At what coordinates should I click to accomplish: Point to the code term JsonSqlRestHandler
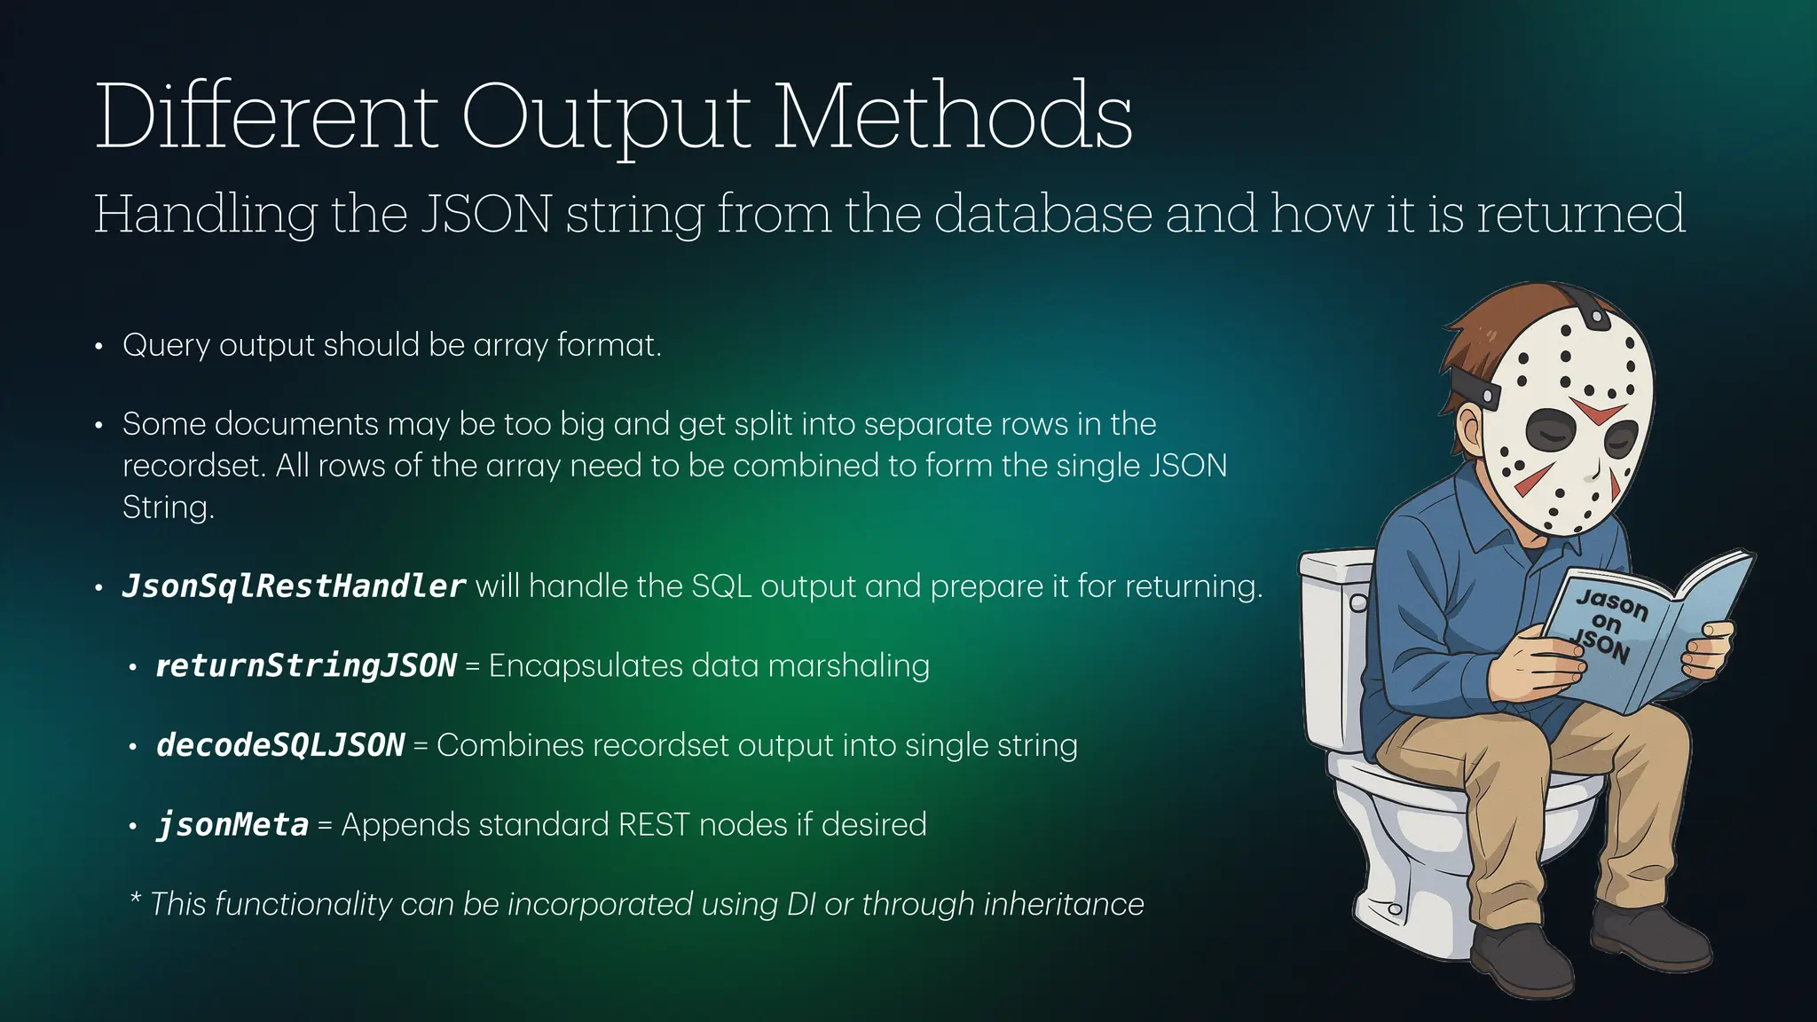293,586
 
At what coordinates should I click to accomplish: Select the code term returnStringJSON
305,665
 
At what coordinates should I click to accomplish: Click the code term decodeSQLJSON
280,745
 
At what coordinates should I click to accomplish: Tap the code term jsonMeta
232,825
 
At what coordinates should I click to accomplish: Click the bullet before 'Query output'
99,346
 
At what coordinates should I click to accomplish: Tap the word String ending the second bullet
167,507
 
